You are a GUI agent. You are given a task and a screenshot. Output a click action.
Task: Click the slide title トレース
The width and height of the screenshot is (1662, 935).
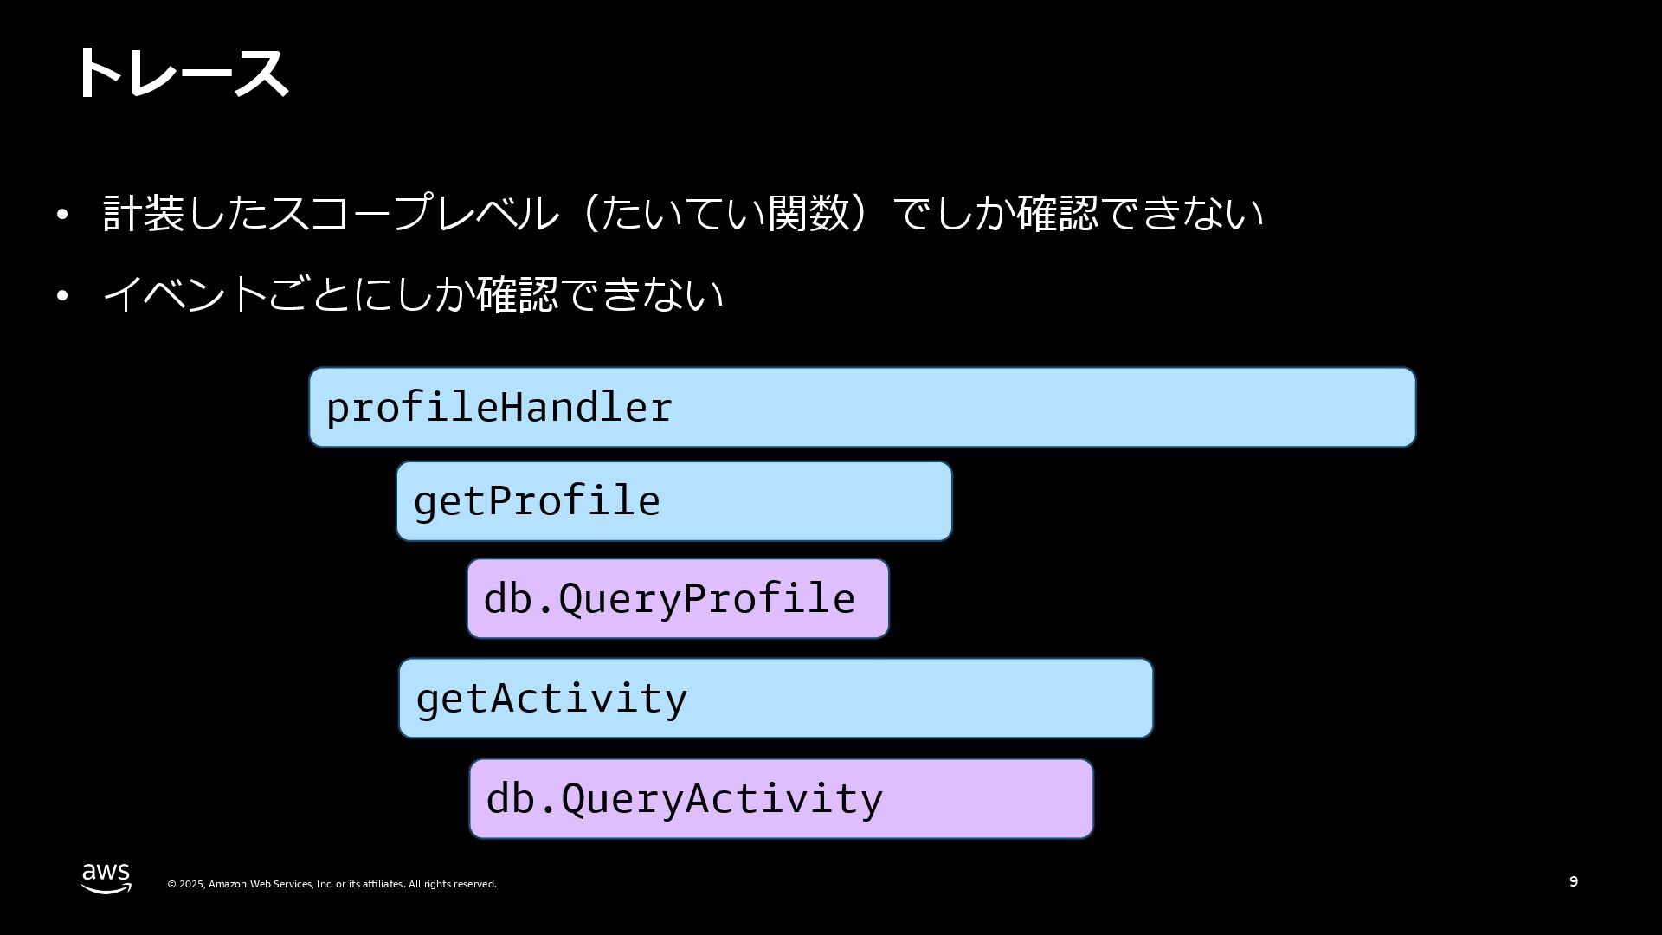coord(182,73)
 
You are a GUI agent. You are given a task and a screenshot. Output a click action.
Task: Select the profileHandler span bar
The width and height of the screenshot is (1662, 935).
coord(1039,407)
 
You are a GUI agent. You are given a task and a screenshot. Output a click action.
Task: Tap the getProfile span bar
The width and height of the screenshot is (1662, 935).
coord(805,501)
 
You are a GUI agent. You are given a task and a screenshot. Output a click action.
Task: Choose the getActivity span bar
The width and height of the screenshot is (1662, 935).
coord(918,698)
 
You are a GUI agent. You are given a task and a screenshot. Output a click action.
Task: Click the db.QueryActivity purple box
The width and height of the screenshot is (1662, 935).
coord(987,798)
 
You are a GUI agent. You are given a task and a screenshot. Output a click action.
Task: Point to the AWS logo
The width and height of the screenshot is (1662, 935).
coord(106,878)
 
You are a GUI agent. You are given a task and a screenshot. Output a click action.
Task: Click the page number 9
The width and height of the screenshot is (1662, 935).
coord(1573,881)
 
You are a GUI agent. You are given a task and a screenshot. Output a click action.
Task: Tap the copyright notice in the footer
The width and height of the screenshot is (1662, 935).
coord(332,884)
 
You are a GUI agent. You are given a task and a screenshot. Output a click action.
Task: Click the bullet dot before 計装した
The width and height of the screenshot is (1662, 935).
coord(61,215)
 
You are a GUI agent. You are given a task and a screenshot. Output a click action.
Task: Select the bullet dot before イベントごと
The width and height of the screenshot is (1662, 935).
coord(61,296)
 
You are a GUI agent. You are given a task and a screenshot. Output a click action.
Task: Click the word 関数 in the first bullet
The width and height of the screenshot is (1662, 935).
coord(808,213)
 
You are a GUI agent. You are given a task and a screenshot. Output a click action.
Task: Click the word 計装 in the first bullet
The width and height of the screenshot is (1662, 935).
coord(143,213)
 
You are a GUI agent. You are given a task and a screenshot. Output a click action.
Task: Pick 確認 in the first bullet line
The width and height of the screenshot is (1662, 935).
coord(1057,213)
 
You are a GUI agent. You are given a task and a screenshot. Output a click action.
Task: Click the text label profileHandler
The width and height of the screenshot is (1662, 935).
coord(499,408)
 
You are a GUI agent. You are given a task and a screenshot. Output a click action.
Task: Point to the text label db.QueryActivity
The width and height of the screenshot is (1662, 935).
coord(684,799)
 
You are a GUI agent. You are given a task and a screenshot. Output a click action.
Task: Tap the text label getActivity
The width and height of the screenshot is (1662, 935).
coord(551,699)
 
